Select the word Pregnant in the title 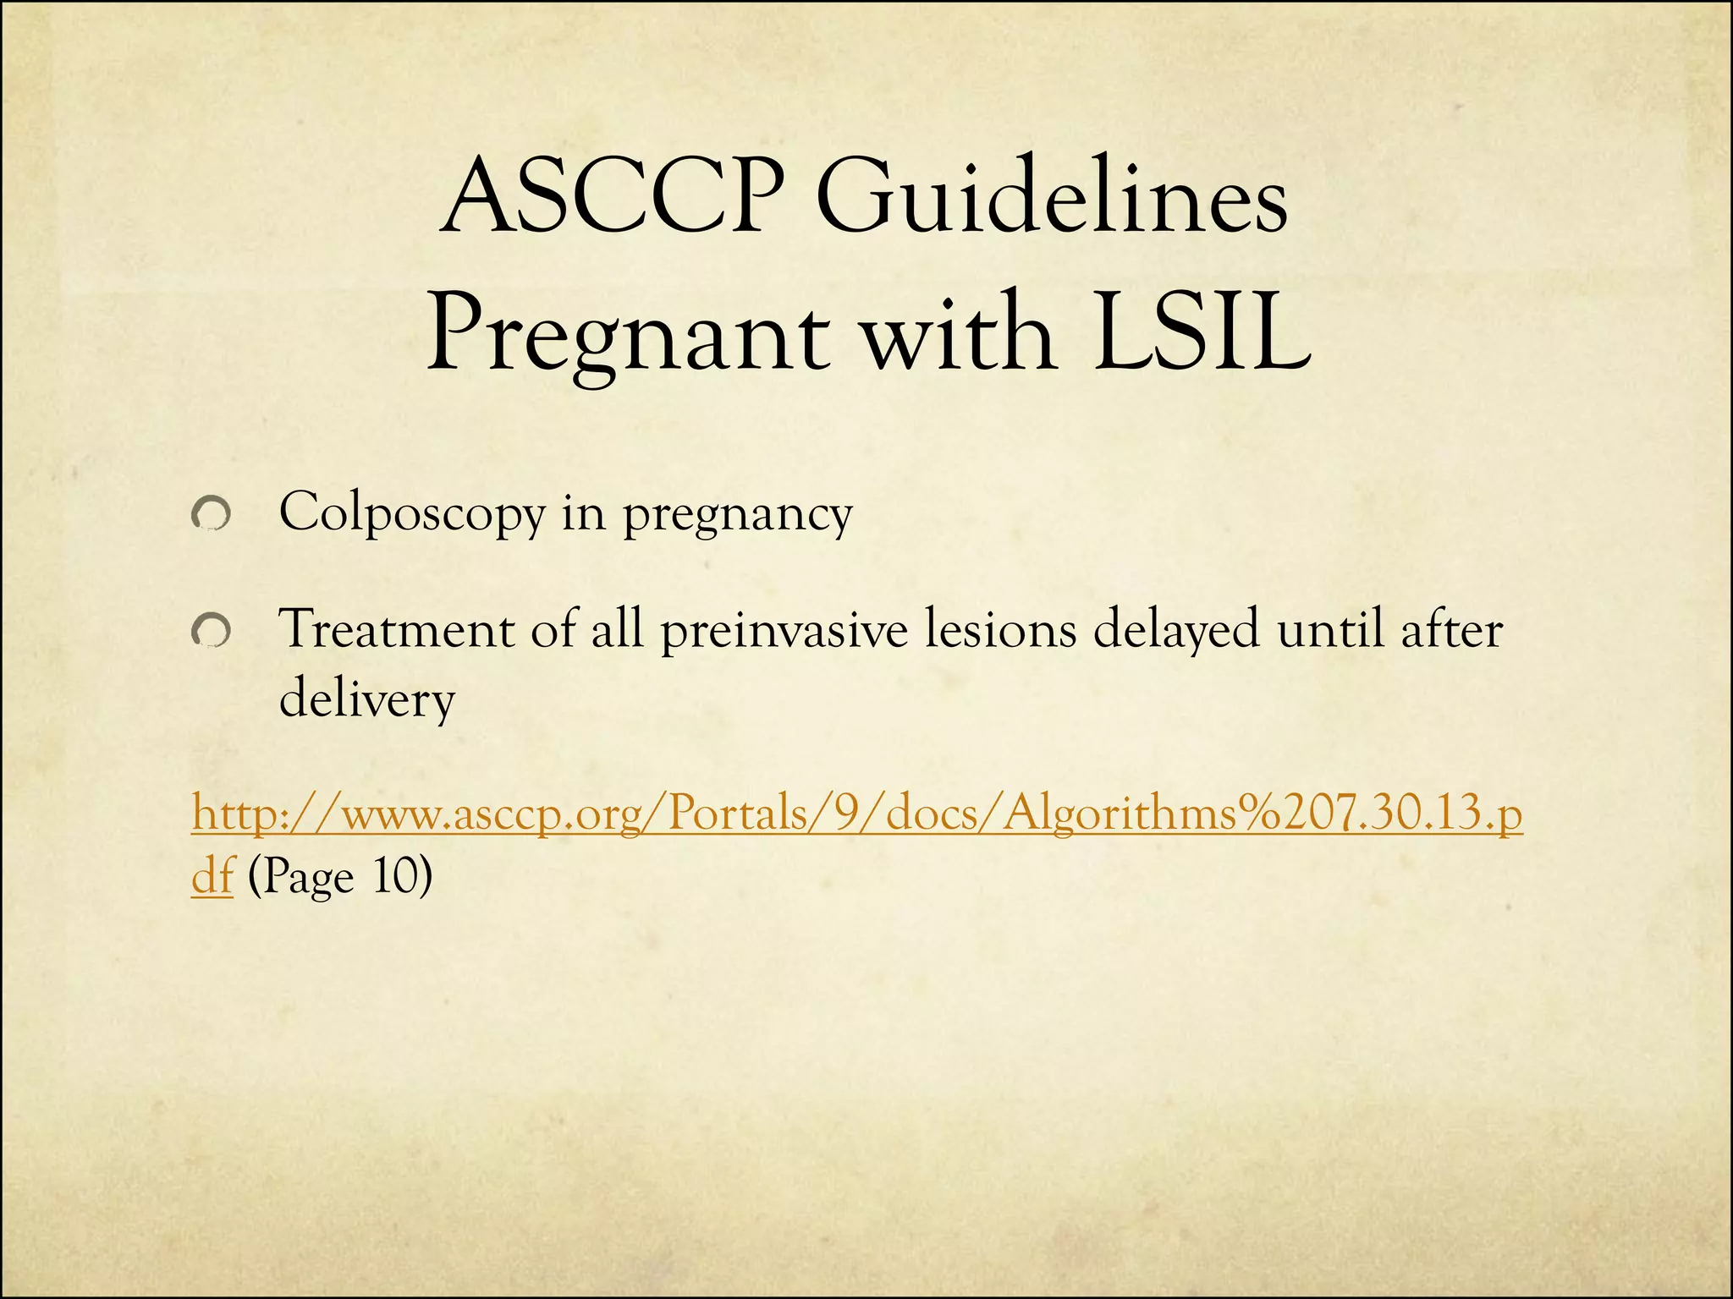(x=627, y=336)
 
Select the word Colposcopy (x=412, y=514)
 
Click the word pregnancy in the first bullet (x=738, y=514)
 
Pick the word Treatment (x=395, y=630)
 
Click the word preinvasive (x=784, y=630)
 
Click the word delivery (x=367, y=700)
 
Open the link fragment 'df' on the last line (x=212, y=876)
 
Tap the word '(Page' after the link (x=301, y=878)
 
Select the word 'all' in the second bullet (x=617, y=630)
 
